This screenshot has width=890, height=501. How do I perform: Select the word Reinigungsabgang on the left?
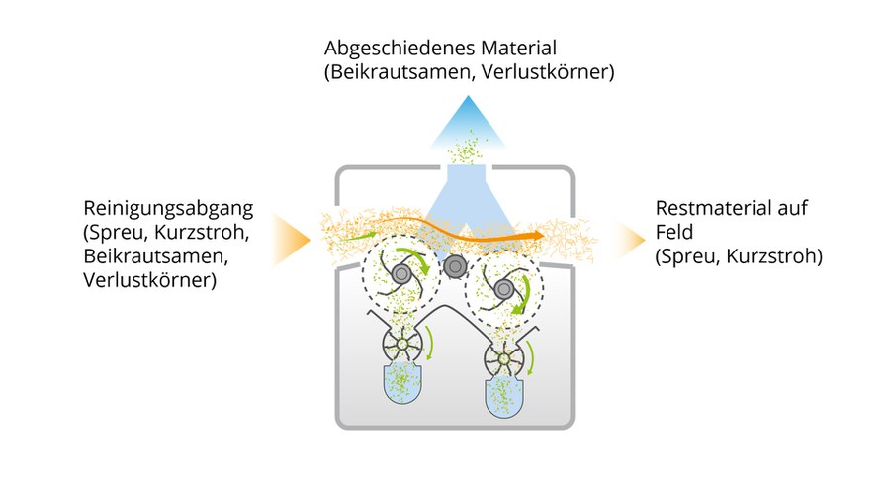coord(169,209)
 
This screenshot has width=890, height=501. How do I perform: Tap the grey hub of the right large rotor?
coord(504,289)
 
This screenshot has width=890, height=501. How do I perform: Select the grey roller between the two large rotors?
coord(455,266)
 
